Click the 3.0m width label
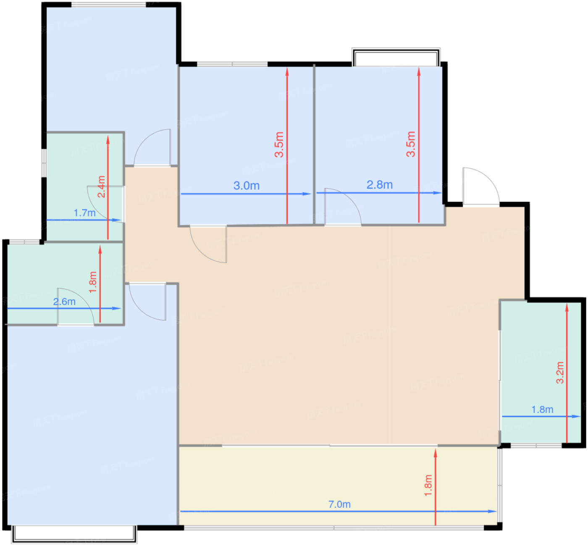point(247,186)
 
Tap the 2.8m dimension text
point(379,185)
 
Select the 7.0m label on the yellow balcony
point(339,504)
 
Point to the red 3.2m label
point(560,373)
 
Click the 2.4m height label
point(101,186)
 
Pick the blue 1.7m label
point(84,213)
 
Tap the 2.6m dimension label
point(64,302)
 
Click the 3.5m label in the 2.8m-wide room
point(411,144)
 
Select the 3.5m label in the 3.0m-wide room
point(279,144)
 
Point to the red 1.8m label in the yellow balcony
point(428,485)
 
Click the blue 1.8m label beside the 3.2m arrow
point(542,409)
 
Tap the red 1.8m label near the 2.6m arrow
point(93,282)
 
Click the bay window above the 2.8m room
point(396,58)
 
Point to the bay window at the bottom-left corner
point(74,534)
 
